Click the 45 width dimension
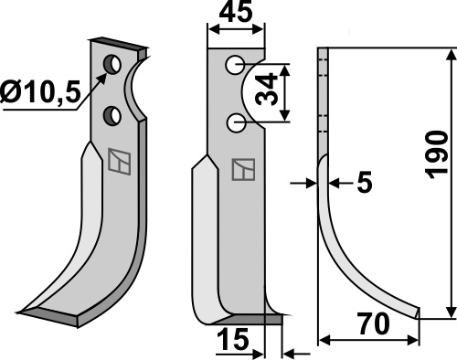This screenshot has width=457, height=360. (236, 13)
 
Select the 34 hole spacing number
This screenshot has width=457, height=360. (267, 90)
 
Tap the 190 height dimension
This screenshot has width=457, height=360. (436, 155)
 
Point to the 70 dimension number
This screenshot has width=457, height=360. (374, 324)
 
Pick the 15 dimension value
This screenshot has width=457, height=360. (233, 339)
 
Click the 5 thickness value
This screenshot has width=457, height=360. (365, 183)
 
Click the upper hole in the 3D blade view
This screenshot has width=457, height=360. (112, 64)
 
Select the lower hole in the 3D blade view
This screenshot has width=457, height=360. (112, 115)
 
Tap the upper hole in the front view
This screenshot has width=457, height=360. (235, 65)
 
